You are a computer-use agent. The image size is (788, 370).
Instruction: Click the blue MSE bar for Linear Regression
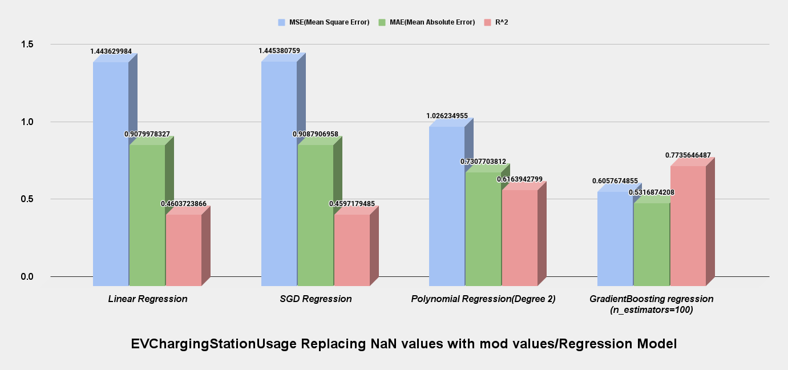pyautogui.click(x=111, y=171)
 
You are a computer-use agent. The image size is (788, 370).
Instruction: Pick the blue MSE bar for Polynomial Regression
pyautogui.click(x=447, y=206)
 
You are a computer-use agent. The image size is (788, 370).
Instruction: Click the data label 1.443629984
pyautogui.click(x=111, y=51)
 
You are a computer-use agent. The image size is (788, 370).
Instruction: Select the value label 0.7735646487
pyautogui.click(x=688, y=155)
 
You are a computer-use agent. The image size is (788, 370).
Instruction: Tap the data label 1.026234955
pyautogui.click(x=447, y=116)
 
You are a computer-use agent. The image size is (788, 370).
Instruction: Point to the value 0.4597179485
pyautogui.click(x=351, y=204)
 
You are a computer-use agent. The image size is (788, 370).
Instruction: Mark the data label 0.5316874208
pyautogui.click(x=651, y=192)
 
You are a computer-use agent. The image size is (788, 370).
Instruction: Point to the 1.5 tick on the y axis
pyautogui.click(x=27, y=45)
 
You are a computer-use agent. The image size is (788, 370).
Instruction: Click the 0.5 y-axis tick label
pyautogui.click(x=27, y=199)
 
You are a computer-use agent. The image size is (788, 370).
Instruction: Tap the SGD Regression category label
pyautogui.click(x=316, y=299)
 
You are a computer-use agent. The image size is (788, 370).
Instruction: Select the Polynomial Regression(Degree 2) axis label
pyautogui.click(x=483, y=299)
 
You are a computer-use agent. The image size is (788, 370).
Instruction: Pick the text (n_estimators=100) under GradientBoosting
pyautogui.click(x=651, y=310)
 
